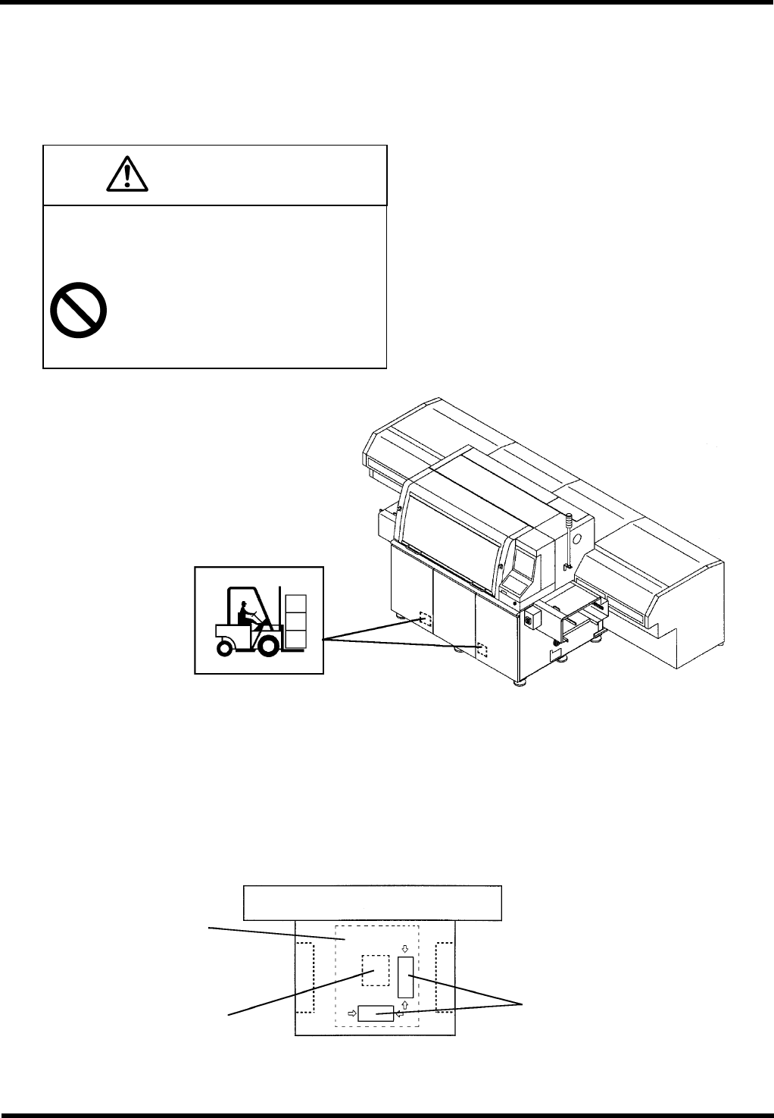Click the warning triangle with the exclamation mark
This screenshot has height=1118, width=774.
click(x=128, y=175)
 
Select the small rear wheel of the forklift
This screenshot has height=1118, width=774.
click(x=224, y=647)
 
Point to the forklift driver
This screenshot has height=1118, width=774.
click(x=245, y=612)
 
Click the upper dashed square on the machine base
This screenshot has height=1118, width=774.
click(x=425, y=621)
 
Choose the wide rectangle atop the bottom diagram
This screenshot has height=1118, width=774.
click(x=373, y=902)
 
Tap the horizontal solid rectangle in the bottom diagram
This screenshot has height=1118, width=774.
click(x=376, y=1013)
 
